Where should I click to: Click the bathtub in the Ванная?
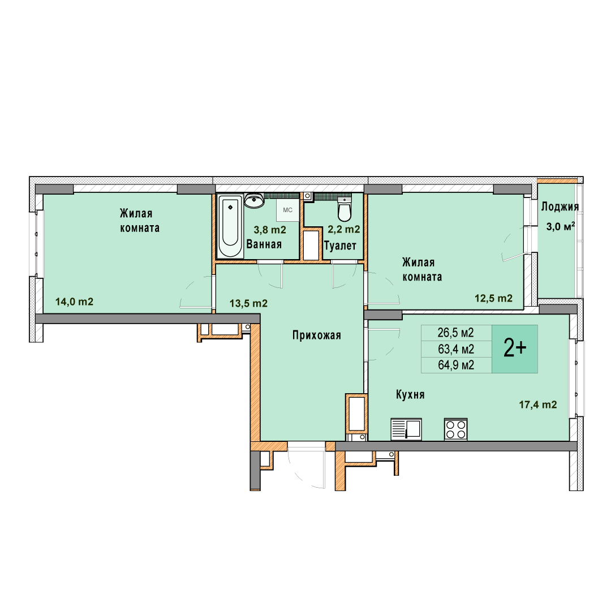[230, 226]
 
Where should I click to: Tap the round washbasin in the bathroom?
[255, 200]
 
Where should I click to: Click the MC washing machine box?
[287, 210]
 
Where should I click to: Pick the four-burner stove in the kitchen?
[455, 429]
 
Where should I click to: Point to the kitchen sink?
[406, 429]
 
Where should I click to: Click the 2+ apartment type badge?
[515, 348]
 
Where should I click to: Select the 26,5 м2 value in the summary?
[455, 333]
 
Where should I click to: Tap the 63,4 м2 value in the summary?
[455, 349]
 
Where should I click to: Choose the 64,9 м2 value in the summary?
[455, 365]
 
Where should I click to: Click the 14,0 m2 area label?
[75, 302]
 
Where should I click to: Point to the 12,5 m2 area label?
[493, 298]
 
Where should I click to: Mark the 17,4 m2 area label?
[538, 405]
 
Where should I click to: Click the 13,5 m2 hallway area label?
[248, 303]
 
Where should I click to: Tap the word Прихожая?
[317, 335]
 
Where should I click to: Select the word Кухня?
[410, 395]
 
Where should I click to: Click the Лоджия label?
[560, 206]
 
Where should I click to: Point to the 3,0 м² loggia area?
[560, 226]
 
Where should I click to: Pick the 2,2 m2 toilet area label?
[344, 230]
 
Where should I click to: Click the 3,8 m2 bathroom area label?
[270, 230]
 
